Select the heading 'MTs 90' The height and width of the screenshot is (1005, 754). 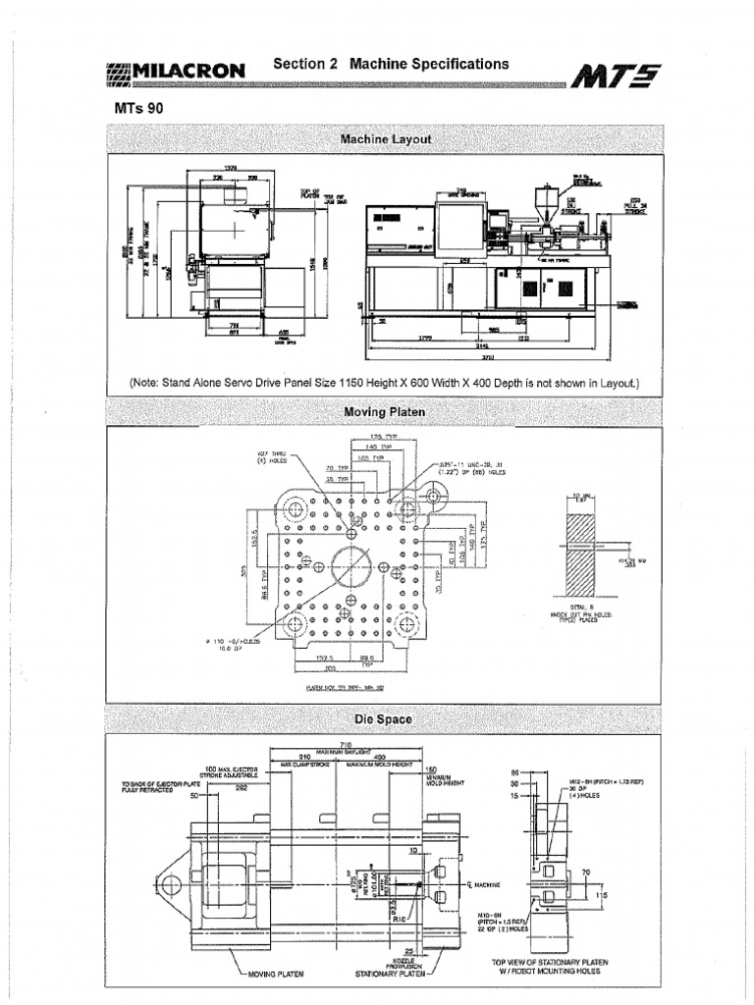[137, 109]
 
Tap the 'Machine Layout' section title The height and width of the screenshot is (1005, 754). [385, 140]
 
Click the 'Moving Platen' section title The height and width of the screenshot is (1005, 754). [384, 412]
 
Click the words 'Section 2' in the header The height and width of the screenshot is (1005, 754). [305, 63]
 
